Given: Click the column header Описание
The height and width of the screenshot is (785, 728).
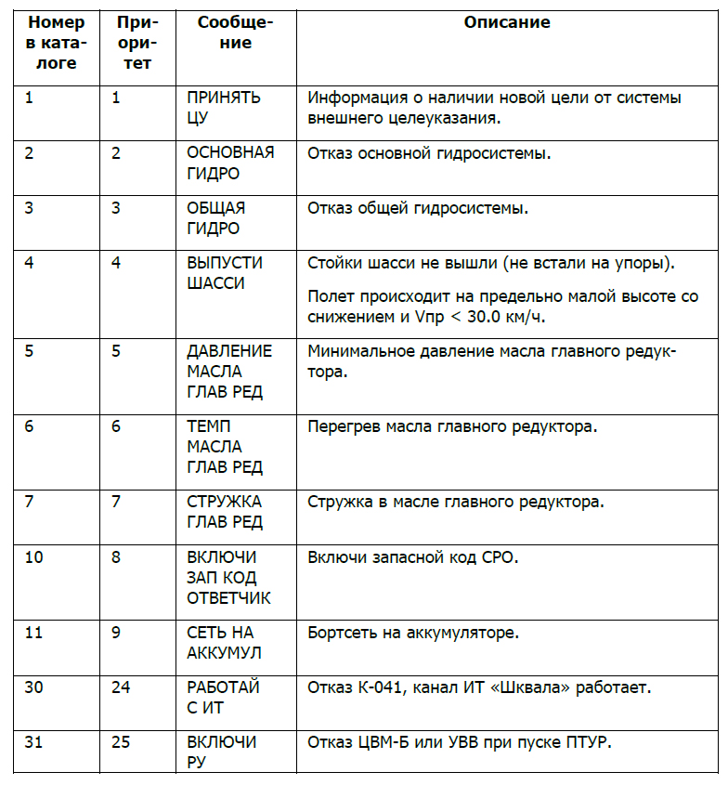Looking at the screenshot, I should (507, 22).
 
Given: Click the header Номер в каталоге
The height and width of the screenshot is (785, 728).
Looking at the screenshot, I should (57, 43).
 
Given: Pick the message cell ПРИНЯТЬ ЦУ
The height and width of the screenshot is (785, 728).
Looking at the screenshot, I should (224, 108).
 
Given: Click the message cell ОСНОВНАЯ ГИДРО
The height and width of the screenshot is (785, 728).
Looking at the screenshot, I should (230, 163).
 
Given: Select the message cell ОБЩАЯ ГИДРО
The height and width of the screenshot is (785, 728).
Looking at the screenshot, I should (216, 218).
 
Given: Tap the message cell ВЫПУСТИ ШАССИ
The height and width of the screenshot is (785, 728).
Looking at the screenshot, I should (225, 273).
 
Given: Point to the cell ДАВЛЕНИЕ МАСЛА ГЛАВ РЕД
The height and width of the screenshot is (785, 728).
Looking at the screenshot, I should (229, 372).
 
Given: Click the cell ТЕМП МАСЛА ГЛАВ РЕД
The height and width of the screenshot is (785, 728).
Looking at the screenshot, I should (225, 447).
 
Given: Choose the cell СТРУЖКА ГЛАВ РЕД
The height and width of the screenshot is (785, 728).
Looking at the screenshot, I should (225, 512).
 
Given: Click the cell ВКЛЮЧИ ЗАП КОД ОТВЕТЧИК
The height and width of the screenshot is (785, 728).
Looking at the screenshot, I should (228, 578).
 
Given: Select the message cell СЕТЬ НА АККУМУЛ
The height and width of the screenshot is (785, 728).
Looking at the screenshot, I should (224, 643).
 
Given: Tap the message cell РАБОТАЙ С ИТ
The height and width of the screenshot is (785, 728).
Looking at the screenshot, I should (223, 698).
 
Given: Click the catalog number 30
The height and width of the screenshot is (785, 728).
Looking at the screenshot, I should (34, 687).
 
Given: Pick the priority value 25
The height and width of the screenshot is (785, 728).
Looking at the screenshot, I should (121, 743).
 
